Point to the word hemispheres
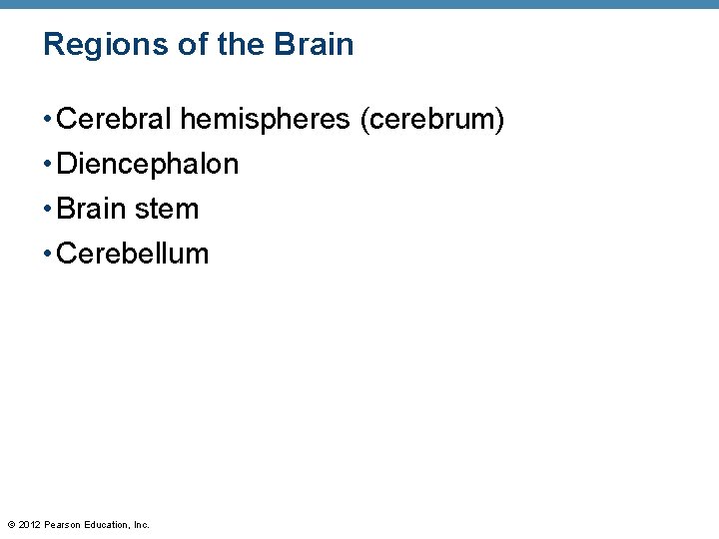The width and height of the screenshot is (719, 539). (265, 120)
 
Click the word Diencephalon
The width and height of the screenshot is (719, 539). (148, 164)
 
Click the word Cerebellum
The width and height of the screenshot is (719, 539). (133, 254)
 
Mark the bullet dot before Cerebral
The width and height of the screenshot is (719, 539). (48, 121)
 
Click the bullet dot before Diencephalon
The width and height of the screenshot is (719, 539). (48, 165)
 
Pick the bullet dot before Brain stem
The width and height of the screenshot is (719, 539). (48, 210)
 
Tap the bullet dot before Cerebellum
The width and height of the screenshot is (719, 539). (48, 255)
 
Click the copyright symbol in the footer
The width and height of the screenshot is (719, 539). (11, 524)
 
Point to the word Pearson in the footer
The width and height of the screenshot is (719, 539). (63, 524)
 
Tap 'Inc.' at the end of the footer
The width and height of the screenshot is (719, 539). (141, 524)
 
